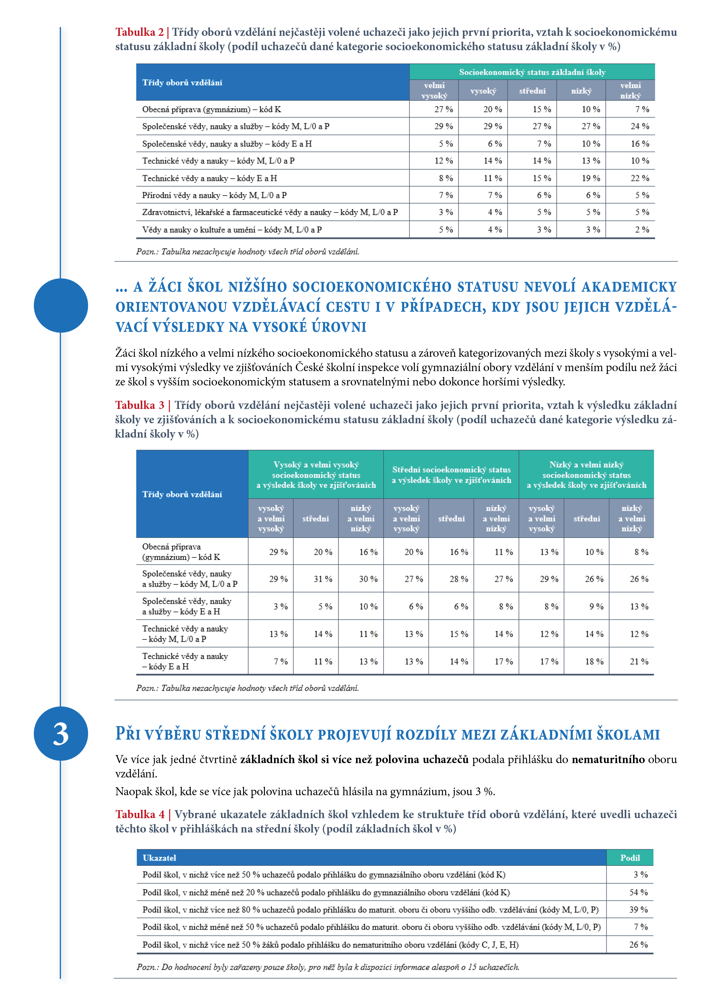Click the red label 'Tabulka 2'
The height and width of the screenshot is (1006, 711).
pos(139,32)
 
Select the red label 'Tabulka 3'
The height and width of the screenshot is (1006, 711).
pos(140,405)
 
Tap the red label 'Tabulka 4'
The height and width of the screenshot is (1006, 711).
pos(140,814)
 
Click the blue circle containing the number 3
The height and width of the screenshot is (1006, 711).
pos(61,734)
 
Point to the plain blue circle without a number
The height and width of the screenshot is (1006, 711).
pos(61,305)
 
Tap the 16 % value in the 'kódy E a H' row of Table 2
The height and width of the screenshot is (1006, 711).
pos(640,144)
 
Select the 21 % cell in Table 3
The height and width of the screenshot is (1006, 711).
pos(639,662)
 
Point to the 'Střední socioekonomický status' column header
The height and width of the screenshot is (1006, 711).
pos(451,475)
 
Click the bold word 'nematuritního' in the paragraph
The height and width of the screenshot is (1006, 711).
pos(608,759)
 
